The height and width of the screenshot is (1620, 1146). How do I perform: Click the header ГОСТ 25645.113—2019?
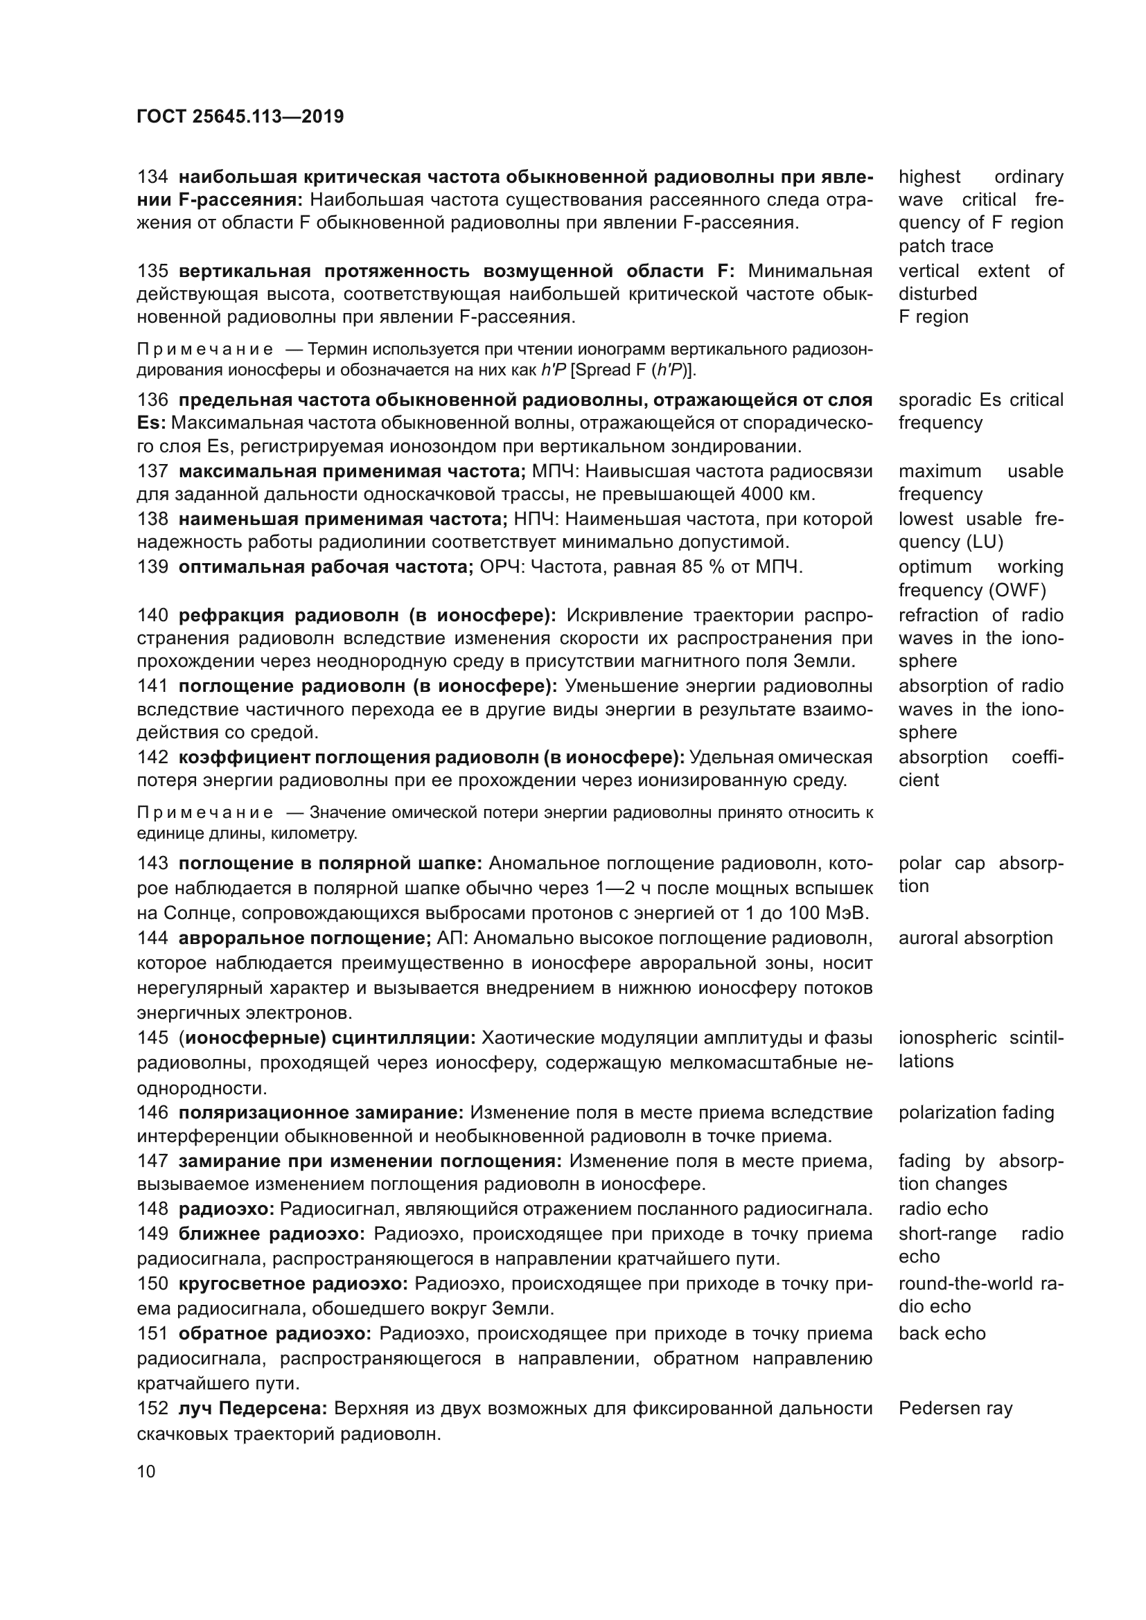(240, 116)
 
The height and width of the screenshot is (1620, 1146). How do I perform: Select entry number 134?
(152, 177)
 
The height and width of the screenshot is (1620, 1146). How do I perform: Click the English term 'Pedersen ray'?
(955, 1409)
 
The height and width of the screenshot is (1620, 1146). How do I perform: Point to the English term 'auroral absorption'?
(976, 938)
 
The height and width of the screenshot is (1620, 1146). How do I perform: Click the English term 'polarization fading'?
(976, 1113)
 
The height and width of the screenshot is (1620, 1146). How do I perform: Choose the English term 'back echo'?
(942, 1333)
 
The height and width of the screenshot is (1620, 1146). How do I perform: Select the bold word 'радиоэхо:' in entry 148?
(226, 1209)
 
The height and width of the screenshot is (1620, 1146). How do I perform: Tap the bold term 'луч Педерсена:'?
(253, 1409)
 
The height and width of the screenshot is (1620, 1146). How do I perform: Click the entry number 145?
(152, 1038)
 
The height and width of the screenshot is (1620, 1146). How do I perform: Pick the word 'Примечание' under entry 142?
(204, 812)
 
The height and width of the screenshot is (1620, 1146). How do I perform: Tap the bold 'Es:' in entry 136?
(151, 423)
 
